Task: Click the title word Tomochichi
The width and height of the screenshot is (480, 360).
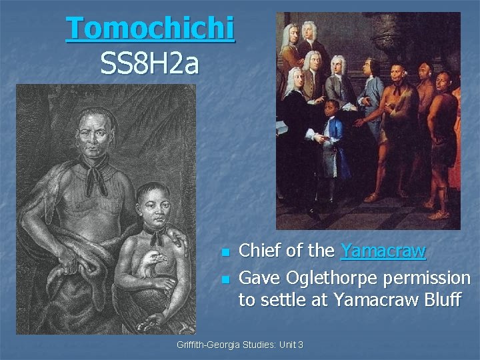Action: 150,29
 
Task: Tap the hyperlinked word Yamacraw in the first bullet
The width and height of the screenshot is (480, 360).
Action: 383,251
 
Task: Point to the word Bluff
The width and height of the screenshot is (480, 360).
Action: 441,300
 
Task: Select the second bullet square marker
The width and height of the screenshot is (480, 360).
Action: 225,278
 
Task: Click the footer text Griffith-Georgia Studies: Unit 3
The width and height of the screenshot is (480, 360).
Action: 240,345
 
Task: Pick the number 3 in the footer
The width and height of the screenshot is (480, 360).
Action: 301,345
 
